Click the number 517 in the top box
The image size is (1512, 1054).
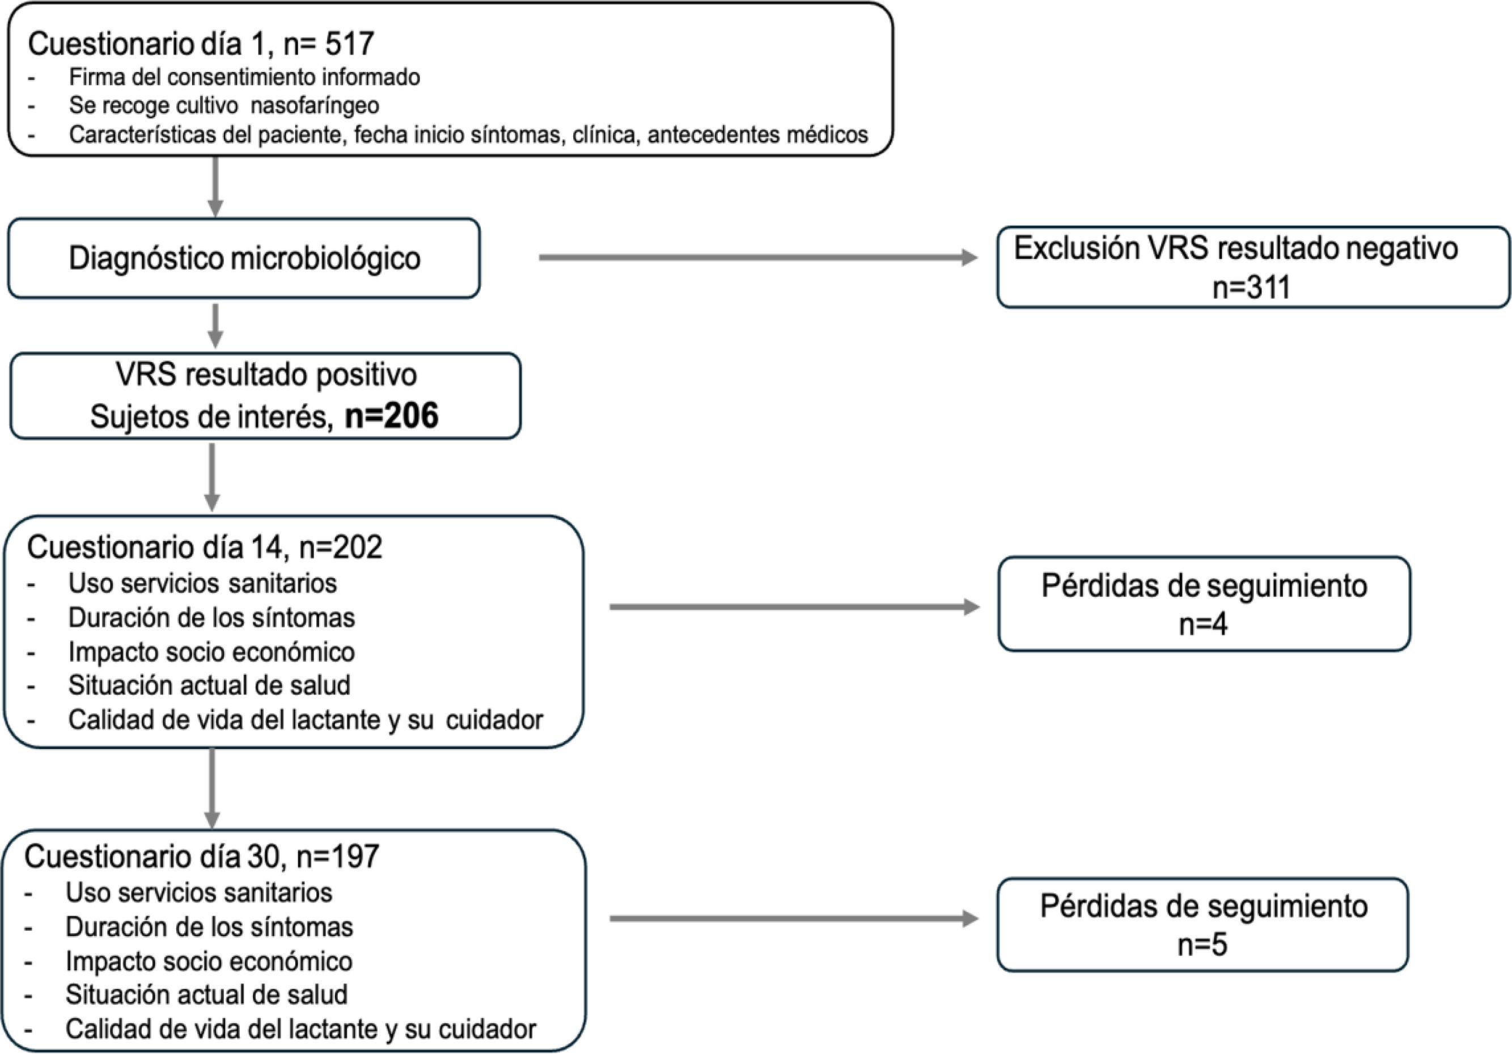[350, 44]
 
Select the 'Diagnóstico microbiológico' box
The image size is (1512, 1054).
[244, 258]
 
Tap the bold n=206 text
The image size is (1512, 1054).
[392, 416]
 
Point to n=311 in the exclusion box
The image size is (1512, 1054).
[1251, 288]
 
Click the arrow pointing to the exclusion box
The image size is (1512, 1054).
[758, 258]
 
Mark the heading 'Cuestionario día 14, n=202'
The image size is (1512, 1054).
[205, 547]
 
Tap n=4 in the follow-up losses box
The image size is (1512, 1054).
[1203, 625]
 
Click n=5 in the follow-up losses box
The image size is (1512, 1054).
[1202, 945]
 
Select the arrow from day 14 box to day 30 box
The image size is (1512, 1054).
[212, 789]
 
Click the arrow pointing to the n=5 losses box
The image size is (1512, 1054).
[794, 918]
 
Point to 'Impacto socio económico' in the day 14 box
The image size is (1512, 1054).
[211, 652]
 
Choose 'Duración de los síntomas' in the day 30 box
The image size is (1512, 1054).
[209, 927]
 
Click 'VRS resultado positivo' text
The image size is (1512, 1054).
[266, 376]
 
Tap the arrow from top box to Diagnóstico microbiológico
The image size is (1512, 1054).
[215, 187]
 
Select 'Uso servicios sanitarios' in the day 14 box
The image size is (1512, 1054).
[203, 584]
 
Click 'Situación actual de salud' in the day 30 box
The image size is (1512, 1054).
[206, 994]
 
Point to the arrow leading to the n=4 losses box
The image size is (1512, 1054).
[795, 607]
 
